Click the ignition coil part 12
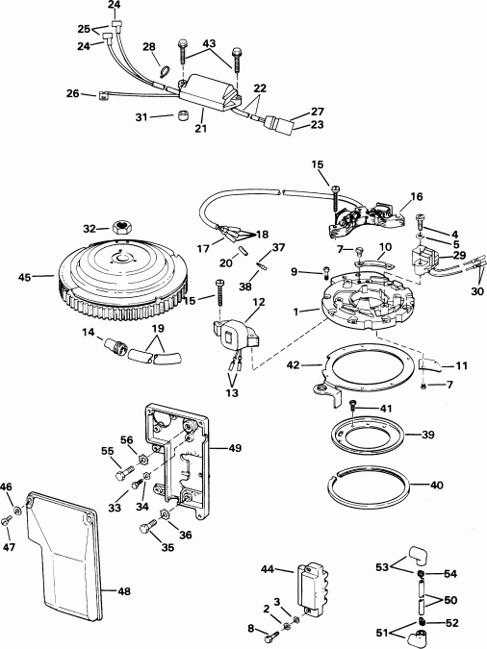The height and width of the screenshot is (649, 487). click(x=236, y=333)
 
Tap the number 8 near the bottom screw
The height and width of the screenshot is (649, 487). click(x=252, y=629)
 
